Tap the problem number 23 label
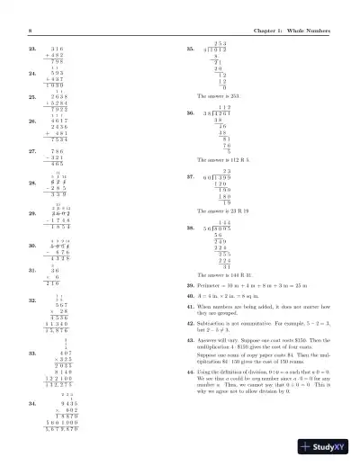(32, 48)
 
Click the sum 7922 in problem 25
(60, 109)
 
